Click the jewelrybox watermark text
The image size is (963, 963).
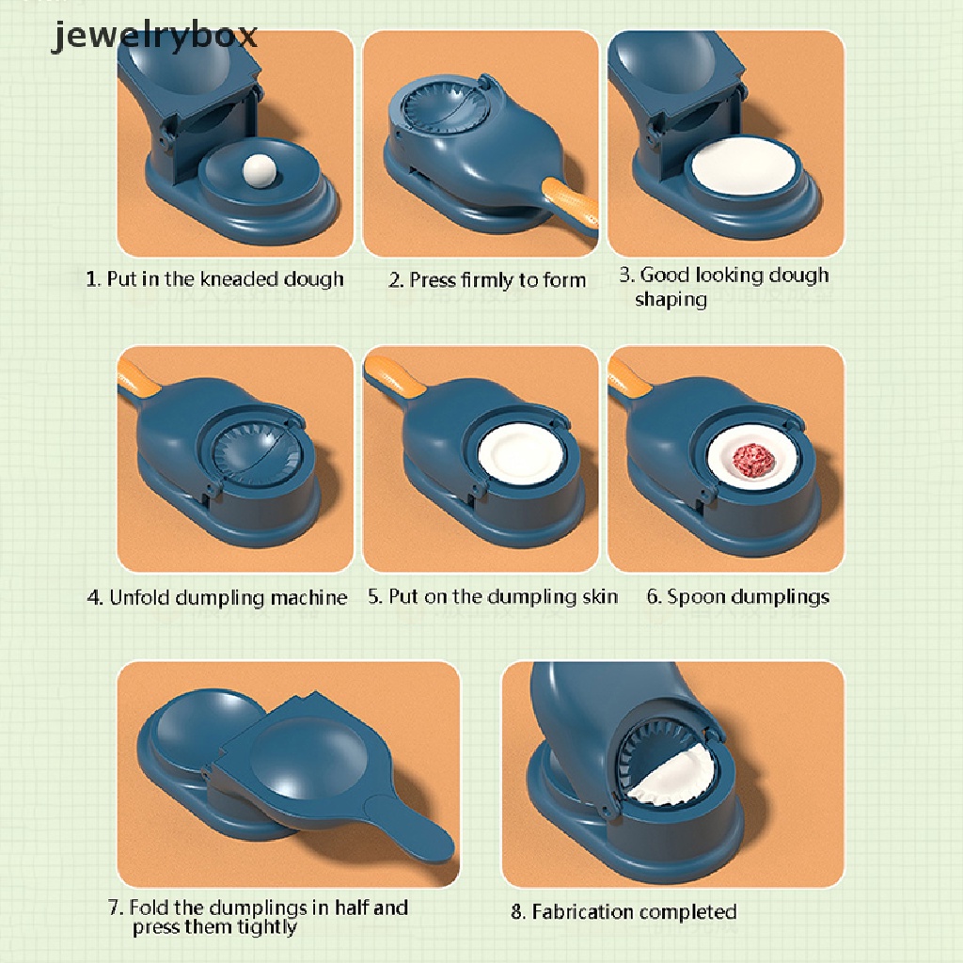coord(154,36)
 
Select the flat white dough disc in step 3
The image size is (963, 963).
coord(744,169)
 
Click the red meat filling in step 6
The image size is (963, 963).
coord(753,458)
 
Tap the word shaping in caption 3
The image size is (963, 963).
coord(671,300)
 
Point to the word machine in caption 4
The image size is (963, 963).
coord(308,597)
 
